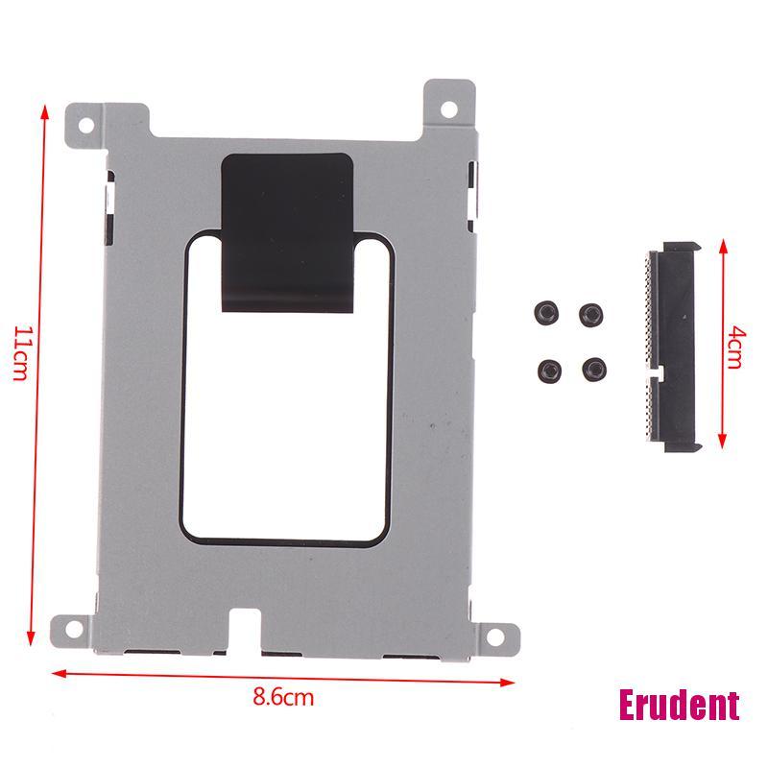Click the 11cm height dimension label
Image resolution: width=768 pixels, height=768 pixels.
[x=22, y=354]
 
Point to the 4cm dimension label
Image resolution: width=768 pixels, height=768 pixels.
[x=734, y=346]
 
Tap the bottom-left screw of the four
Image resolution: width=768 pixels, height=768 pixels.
[x=550, y=367]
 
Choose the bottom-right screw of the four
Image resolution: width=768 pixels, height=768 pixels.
[x=596, y=366]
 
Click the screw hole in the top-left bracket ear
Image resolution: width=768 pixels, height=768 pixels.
[x=85, y=125]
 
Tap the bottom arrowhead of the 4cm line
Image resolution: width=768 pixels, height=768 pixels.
[x=722, y=442]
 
